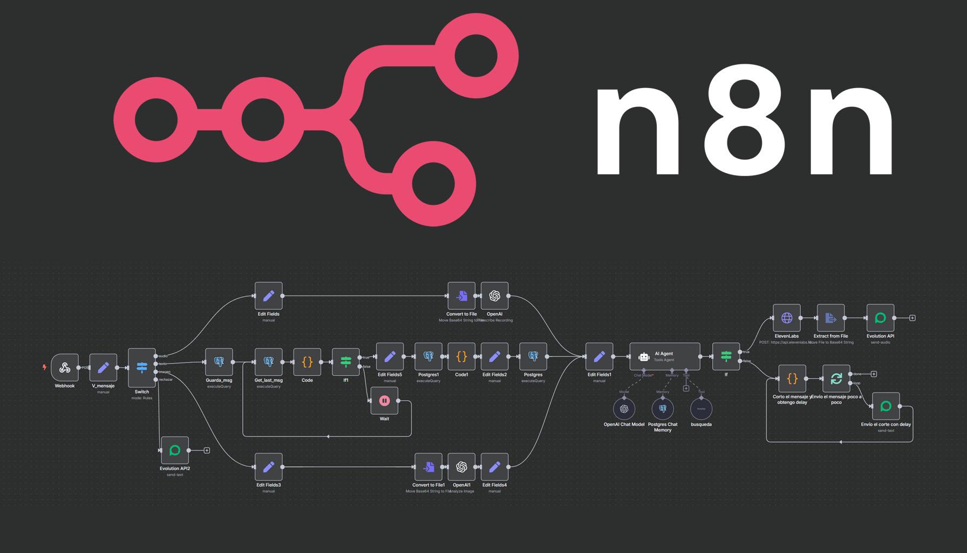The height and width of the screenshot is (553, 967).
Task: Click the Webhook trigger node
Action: coord(65,368)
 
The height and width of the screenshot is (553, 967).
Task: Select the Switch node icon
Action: coord(142,368)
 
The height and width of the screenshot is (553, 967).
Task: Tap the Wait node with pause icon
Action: coord(384,401)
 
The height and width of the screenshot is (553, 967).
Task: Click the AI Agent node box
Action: coord(665,356)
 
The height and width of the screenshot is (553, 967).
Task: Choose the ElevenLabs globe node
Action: coord(787,318)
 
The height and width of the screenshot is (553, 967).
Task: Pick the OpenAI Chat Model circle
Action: coord(624,409)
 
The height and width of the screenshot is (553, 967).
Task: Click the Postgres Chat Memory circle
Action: coord(663,409)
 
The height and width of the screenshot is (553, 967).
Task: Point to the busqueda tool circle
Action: coord(701,409)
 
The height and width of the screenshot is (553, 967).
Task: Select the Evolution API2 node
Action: coord(175,450)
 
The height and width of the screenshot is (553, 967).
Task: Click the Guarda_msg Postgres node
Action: coord(219,362)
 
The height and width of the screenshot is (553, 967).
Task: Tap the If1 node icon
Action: coord(346,362)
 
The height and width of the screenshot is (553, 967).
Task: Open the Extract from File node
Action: coord(830,318)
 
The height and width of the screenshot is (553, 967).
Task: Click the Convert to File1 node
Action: coord(428,467)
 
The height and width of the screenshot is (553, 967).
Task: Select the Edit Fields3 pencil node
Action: coord(269,467)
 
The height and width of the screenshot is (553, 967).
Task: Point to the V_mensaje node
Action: coord(103,368)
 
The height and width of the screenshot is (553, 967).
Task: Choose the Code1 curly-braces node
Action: coord(461,356)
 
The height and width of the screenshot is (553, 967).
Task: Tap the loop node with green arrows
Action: coord(836,379)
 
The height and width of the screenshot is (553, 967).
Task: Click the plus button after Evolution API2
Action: coord(207,450)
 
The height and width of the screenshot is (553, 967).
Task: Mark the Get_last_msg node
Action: coord(269,362)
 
